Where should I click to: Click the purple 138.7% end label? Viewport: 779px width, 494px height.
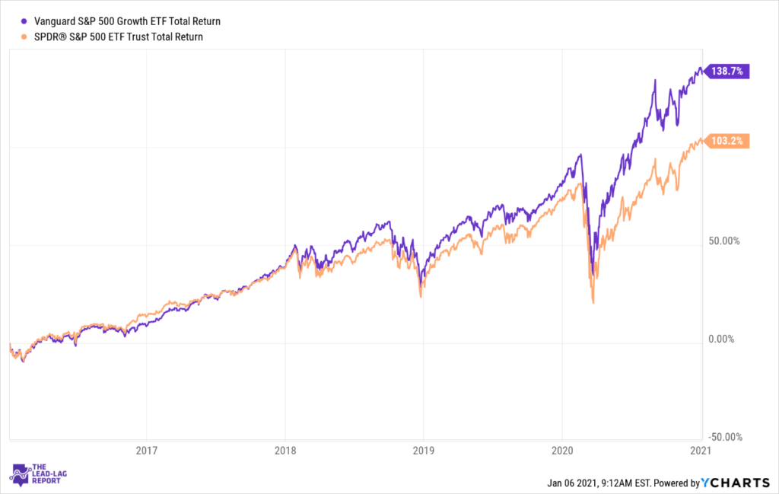730,71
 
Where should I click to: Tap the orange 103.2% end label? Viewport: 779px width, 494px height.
730,141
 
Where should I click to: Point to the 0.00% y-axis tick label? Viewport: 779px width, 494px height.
722,339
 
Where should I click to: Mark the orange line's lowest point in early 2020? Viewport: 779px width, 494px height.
593,303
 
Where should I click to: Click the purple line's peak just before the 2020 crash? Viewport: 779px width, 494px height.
580,155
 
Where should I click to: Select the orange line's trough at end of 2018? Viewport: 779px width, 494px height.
421,296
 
